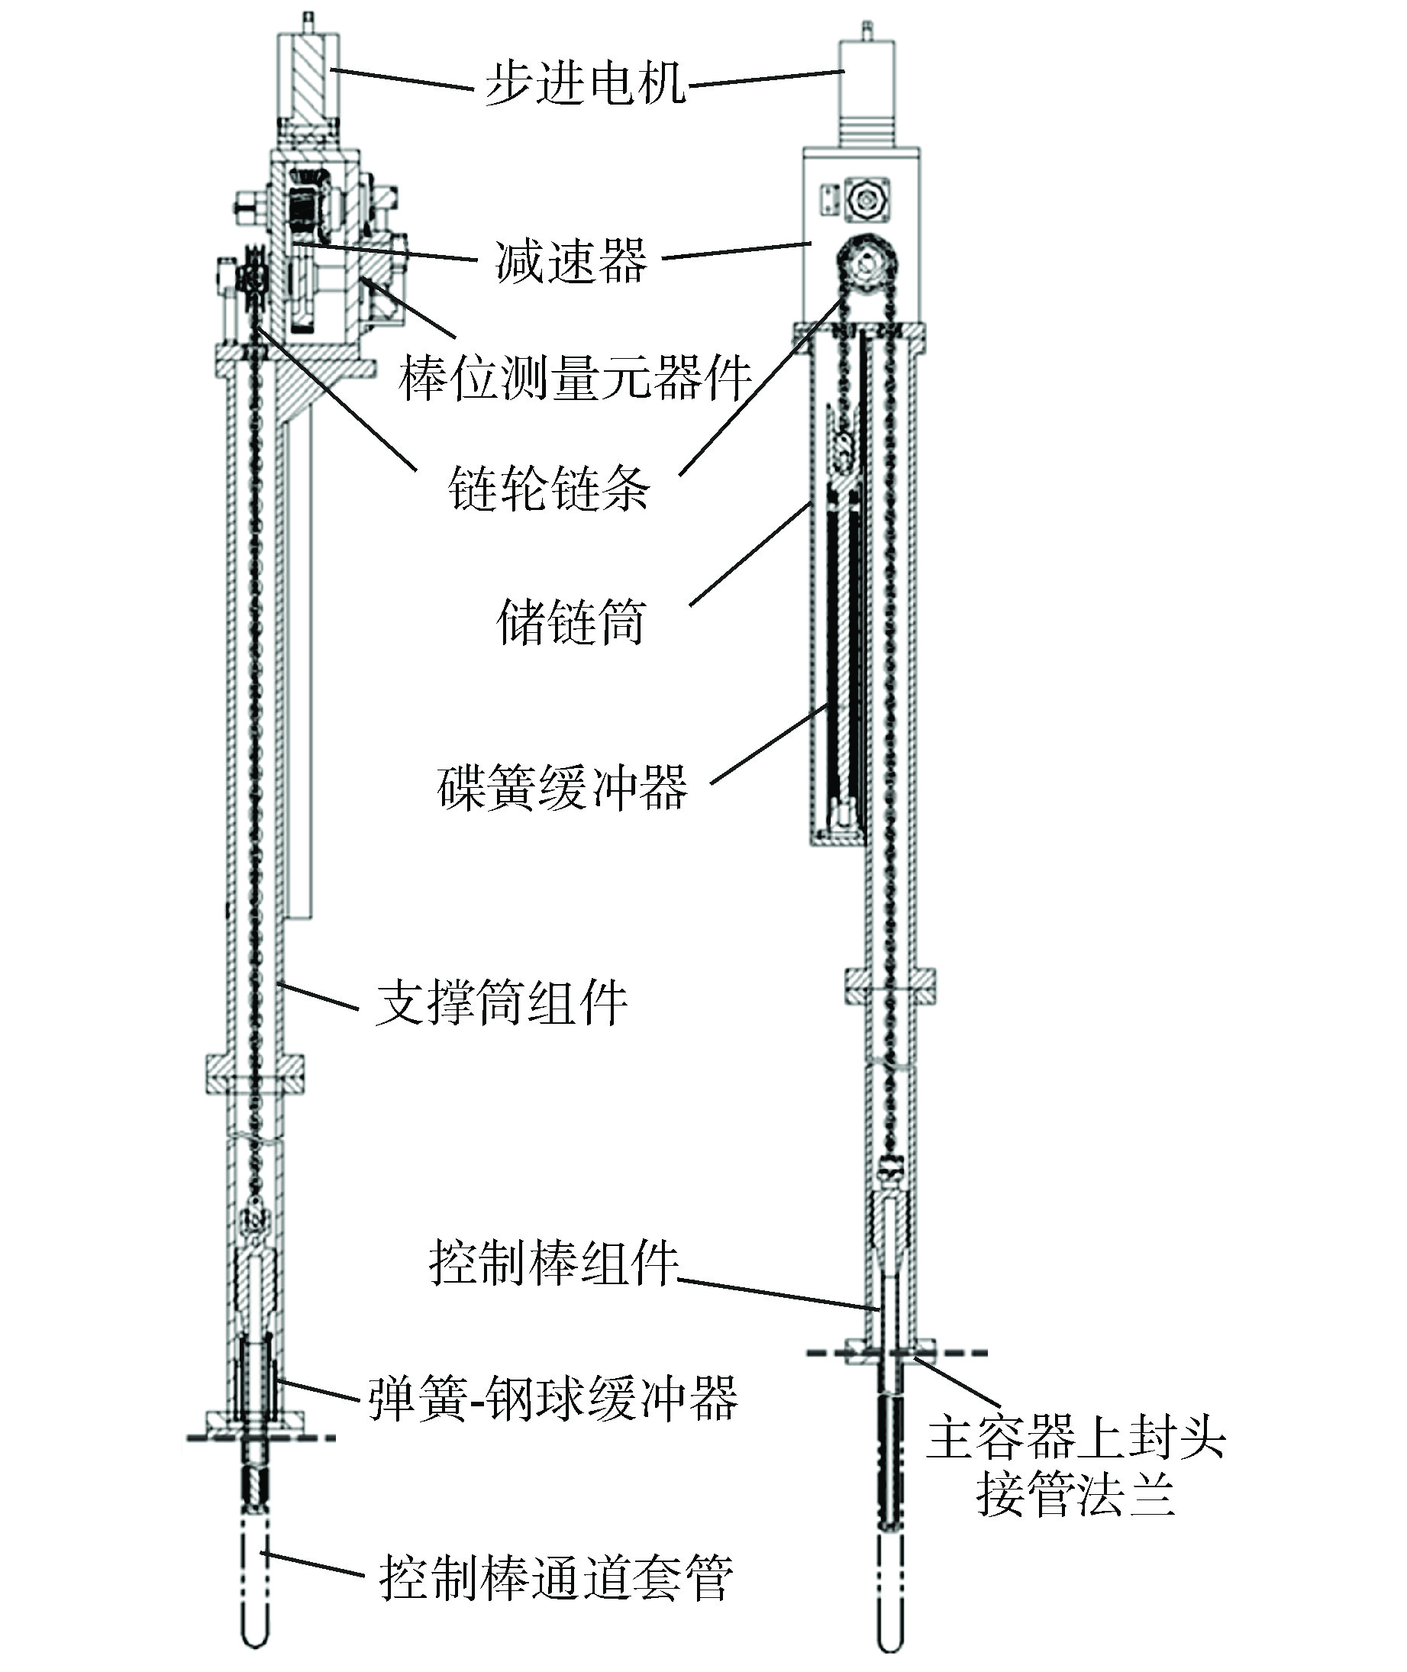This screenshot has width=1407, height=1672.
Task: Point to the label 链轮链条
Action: click(x=549, y=487)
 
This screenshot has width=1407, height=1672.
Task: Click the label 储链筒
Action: click(x=570, y=621)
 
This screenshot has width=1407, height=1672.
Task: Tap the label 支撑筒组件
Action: click(x=501, y=1002)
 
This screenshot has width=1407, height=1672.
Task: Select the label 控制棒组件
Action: click(x=553, y=1262)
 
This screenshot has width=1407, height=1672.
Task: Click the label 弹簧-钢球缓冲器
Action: click(x=553, y=1398)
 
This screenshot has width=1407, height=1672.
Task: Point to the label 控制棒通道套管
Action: click(x=555, y=1577)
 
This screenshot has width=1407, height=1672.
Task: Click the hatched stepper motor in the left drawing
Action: click(x=307, y=76)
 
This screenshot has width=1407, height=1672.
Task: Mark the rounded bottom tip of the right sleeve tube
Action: click(x=890, y=1643)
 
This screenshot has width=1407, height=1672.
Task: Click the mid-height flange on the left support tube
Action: click(x=254, y=1073)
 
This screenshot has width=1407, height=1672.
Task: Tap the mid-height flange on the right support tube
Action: click(x=890, y=986)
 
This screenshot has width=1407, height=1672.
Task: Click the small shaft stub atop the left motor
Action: click(x=306, y=21)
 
